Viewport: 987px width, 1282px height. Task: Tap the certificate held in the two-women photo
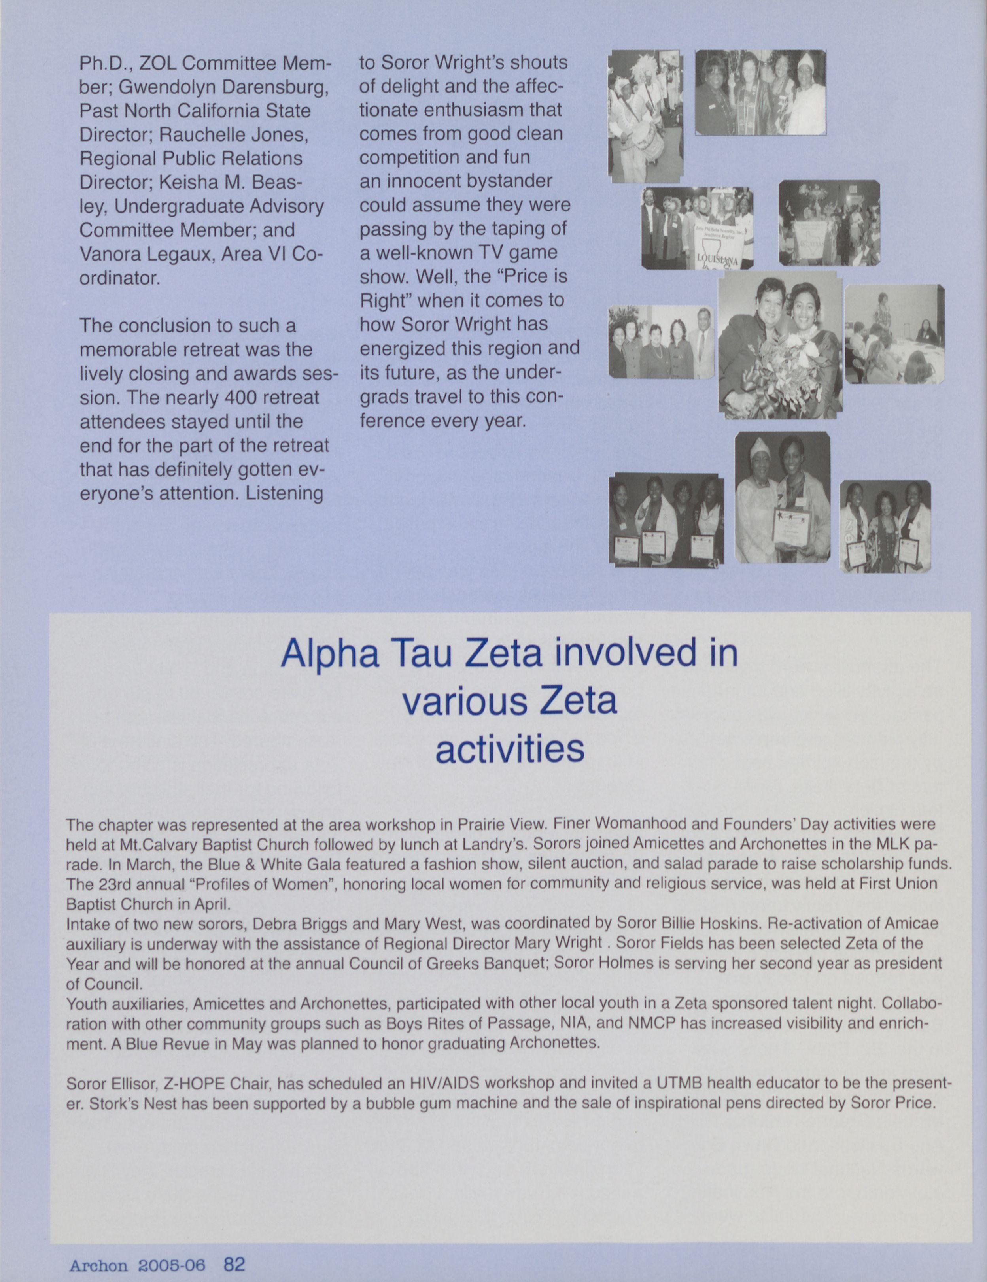click(791, 526)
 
